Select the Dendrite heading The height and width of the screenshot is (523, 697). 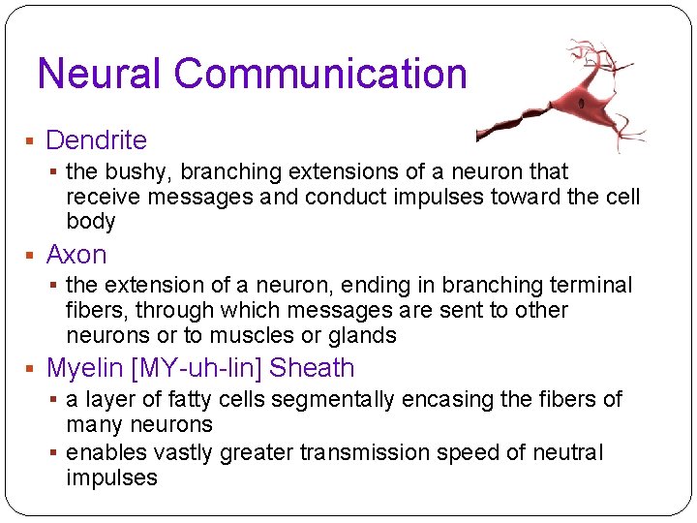(x=96, y=140)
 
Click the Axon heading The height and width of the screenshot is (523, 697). (x=76, y=255)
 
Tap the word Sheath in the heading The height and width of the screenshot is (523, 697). (x=312, y=368)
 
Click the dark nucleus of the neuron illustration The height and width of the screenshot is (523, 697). (x=581, y=103)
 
